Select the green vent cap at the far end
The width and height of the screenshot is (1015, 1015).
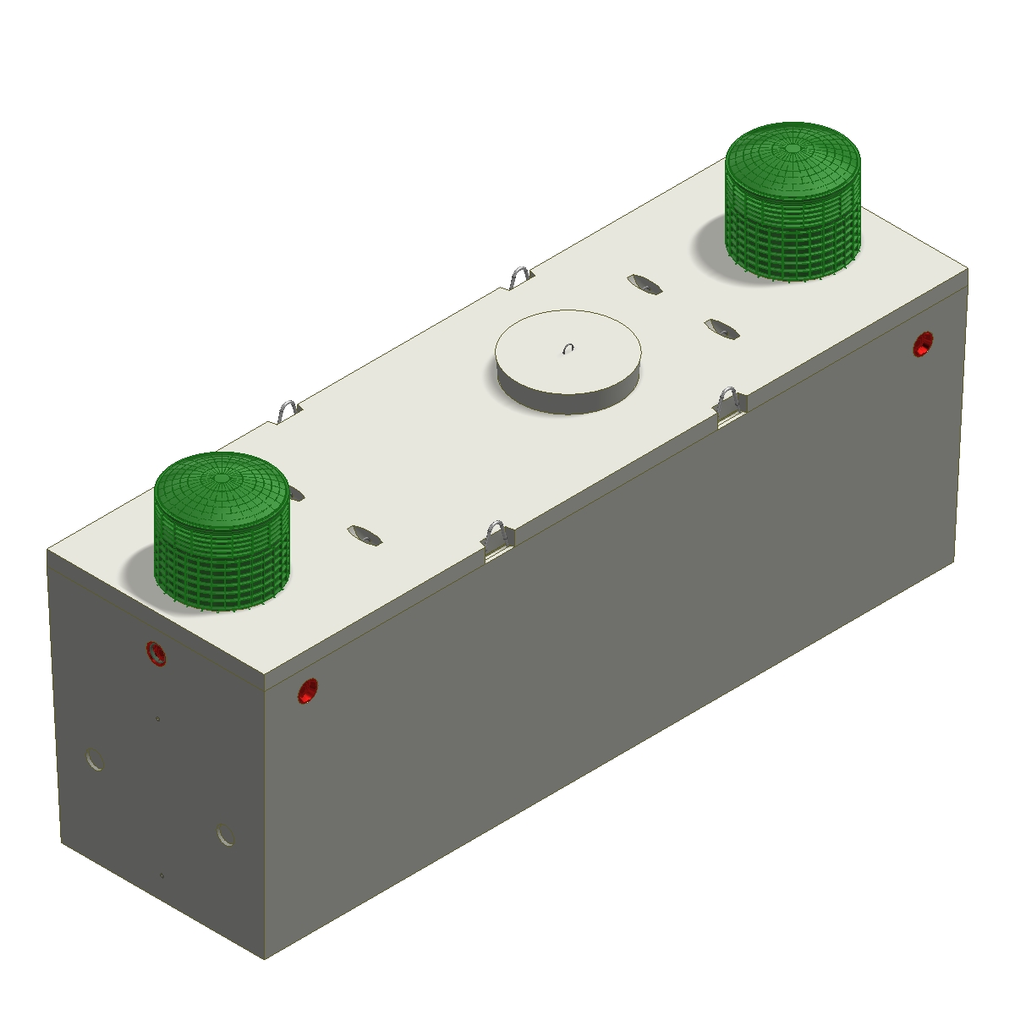point(793,202)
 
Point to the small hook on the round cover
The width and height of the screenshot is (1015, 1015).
point(569,348)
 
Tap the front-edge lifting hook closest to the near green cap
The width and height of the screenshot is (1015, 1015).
point(498,538)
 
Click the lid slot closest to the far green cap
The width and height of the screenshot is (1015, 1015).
point(645,284)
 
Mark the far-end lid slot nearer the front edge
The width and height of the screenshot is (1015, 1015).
point(721,328)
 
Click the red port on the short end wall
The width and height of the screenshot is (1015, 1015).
point(156,654)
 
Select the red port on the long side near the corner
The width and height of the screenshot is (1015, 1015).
point(308,690)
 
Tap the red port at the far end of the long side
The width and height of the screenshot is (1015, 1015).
point(923,344)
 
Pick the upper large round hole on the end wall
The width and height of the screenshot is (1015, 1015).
point(96,758)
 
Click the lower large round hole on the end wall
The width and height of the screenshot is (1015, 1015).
point(225,834)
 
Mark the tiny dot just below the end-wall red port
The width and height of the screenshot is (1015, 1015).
point(158,720)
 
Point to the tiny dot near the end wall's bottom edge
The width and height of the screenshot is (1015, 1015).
point(162,875)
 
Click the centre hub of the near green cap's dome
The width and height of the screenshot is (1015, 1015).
point(222,477)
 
